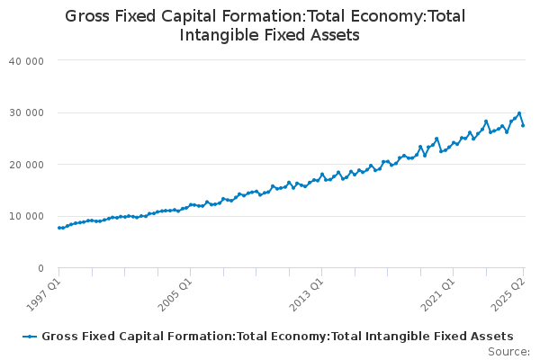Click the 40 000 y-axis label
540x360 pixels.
click(26, 61)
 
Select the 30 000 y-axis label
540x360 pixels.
click(26, 113)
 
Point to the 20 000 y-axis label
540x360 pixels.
click(26, 165)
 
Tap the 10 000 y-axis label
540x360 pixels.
click(26, 216)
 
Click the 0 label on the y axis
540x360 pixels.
click(41, 268)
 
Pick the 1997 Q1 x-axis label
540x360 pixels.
click(44, 295)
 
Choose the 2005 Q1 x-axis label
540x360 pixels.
click(175, 295)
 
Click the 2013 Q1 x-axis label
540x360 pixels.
click(307, 295)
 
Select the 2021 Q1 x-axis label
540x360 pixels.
click(438, 295)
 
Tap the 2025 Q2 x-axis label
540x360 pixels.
click(508, 295)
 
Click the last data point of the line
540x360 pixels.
click(523, 126)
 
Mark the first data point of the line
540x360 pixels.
click(58, 228)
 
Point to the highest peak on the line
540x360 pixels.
click(519, 113)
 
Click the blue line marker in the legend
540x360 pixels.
click(30, 337)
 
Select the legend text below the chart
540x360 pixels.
click(277, 337)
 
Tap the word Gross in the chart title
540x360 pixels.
click(87, 16)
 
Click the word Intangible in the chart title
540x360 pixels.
click(219, 35)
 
